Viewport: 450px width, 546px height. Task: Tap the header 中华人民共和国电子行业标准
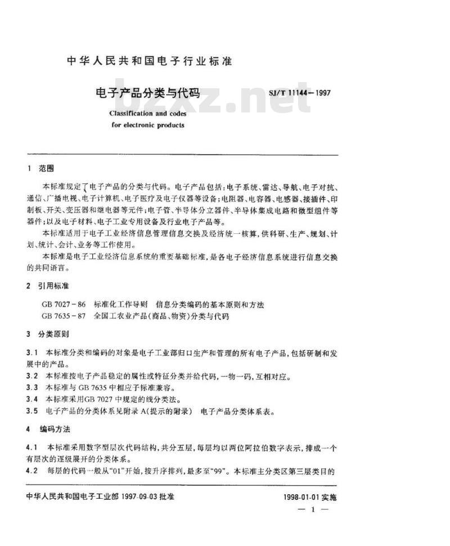pyautogui.click(x=149, y=61)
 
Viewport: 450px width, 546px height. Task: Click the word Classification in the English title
pyautogui.click(x=129, y=113)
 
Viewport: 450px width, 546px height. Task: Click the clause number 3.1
pyautogui.click(x=32, y=353)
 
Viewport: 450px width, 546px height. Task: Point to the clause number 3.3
pyautogui.click(x=32, y=388)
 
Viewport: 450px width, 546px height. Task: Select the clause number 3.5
pyautogui.click(x=32, y=411)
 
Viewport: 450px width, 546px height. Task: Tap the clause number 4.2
pyautogui.click(x=32, y=471)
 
